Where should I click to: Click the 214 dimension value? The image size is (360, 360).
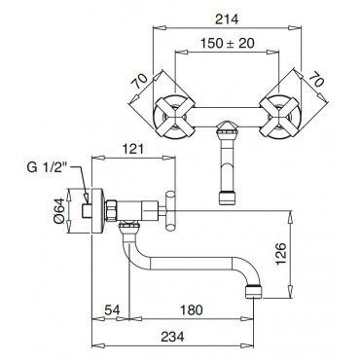coord(227,19)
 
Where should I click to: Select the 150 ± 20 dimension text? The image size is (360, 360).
coord(227,43)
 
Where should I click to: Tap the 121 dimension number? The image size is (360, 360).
coord(132,149)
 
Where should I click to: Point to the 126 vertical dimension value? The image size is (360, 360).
coord(281,254)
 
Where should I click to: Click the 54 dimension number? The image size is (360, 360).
coord(113,310)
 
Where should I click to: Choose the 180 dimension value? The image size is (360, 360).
coord(192,310)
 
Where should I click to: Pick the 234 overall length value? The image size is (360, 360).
coord(172,337)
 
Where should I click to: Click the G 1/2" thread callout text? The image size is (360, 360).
coord(47,168)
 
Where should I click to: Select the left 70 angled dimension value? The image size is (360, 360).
coord(140,82)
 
